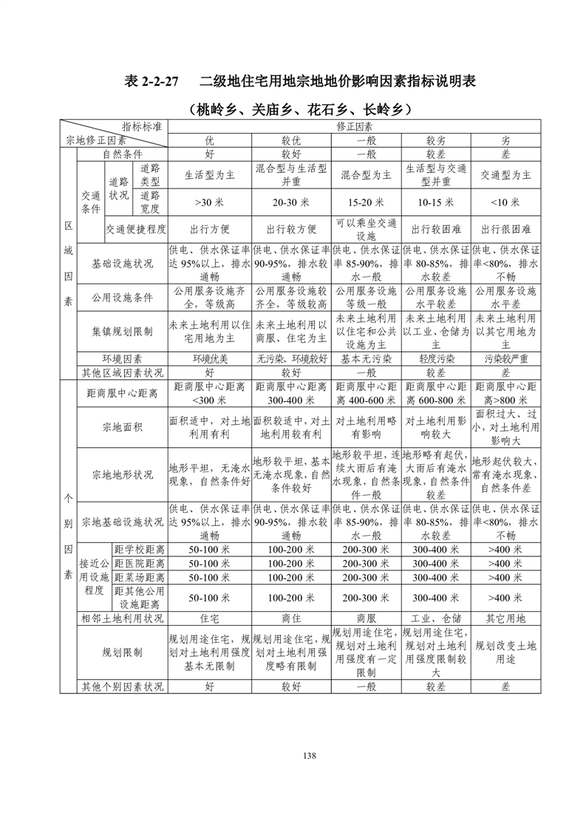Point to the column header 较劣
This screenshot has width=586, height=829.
tap(435, 140)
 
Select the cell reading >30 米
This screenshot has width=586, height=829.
tap(210, 202)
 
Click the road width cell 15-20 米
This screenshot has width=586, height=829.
tap(366, 202)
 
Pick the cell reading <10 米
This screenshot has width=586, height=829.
tap(506, 202)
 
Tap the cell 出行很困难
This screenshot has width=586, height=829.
tap(506, 229)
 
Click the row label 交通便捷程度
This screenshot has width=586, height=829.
tap(136, 229)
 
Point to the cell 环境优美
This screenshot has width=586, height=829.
tap(210, 358)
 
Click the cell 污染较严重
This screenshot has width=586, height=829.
tap(506, 358)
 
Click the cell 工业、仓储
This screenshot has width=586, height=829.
tap(435, 618)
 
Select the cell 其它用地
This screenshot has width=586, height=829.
tap(506, 618)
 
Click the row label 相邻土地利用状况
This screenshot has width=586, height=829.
tap(123, 618)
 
